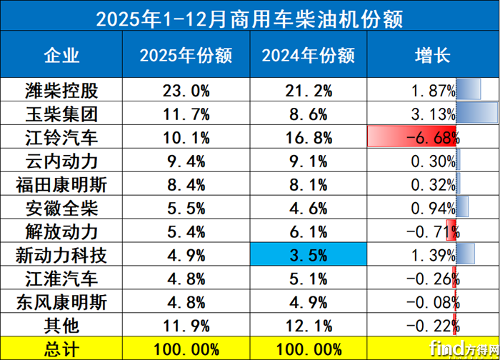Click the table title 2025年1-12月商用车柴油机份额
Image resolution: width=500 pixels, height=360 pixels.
click(249, 18)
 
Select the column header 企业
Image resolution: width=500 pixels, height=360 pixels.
click(61, 56)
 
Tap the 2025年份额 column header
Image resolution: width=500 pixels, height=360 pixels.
click(184, 56)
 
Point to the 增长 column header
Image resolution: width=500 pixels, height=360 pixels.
click(431, 56)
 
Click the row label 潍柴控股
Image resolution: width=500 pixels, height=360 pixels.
click(61, 91)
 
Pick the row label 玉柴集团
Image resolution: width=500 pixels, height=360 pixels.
click(61, 114)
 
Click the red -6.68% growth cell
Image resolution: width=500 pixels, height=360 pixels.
click(413, 138)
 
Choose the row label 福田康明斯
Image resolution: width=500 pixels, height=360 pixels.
click(61, 185)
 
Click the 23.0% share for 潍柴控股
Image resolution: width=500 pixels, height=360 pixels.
click(184, 91)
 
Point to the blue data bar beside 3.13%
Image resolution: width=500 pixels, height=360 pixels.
click(476, 114)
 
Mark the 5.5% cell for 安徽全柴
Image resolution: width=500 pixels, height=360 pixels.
click(184, 209)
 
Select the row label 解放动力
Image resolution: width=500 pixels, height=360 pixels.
click(61, 232)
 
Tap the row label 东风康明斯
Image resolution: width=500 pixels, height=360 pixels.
click(61, 302)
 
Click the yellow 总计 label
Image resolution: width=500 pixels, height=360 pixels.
click(61, 349)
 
